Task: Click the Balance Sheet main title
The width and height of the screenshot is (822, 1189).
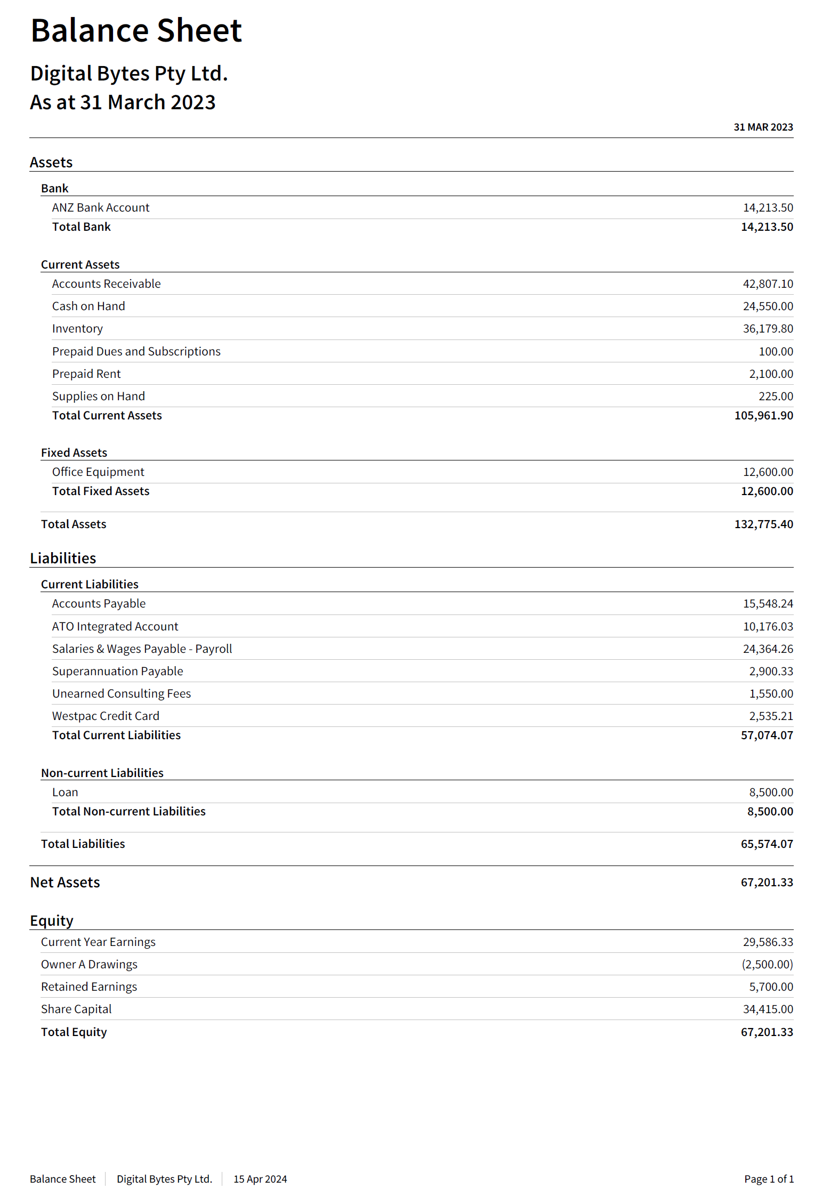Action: [136, 30]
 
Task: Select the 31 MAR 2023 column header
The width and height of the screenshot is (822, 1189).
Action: [763, 127]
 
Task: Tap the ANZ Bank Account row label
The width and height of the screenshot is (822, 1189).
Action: [101, 208]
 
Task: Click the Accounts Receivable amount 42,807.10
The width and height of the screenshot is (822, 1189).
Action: [768, 284]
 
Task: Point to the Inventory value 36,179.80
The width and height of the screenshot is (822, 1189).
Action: [768, 329]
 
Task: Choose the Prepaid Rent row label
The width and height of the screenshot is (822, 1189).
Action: [86, 374]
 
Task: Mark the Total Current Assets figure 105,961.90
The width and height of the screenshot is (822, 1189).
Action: [763, 416]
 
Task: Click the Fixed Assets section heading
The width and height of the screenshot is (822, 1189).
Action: [74, 453]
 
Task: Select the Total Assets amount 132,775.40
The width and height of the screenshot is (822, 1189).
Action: [763, 524]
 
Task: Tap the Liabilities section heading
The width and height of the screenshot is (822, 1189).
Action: [63, 559]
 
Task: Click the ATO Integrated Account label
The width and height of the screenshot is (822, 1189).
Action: [115, 627]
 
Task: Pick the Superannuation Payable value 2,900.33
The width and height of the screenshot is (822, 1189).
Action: [771, 672]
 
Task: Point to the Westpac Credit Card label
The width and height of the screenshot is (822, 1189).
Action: [106, 716]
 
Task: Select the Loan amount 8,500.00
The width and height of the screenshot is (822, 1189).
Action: [771, 792]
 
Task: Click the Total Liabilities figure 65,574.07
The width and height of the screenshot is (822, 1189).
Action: [767, 844]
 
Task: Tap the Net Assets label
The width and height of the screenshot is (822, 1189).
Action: [65, 883]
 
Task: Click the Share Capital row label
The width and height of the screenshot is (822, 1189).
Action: [76, 1009]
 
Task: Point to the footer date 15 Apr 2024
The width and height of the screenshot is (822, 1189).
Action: [260, 1179]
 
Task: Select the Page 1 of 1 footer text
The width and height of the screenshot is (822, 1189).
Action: [769, 1179]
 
